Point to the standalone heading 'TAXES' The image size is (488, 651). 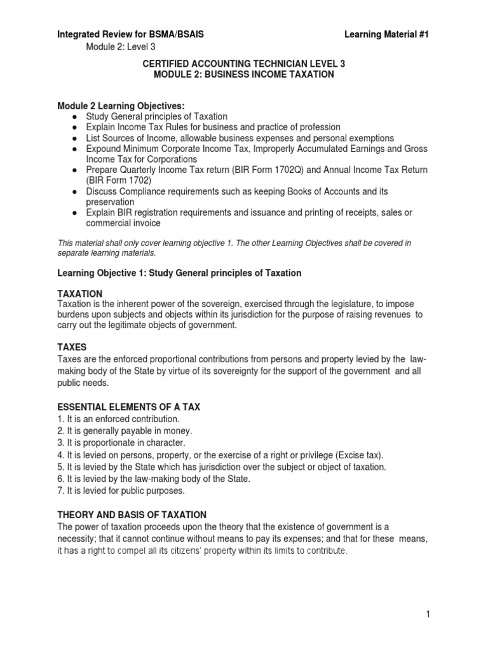[71, 348]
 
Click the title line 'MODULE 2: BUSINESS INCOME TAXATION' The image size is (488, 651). [243, 74]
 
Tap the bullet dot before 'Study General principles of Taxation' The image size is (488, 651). [74, 116]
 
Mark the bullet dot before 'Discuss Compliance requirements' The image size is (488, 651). [74, 191]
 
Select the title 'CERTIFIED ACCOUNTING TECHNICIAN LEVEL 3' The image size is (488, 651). [243, 64]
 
